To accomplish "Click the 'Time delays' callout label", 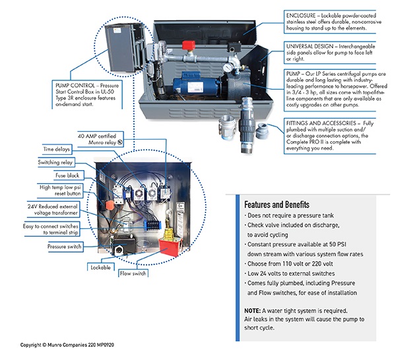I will pos(58,150).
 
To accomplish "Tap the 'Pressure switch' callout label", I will pos(65,247).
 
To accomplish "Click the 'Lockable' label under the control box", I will pos(100,268).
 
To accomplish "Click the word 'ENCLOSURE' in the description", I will pos(303,13).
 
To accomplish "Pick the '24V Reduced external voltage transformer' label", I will pos(58,210).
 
